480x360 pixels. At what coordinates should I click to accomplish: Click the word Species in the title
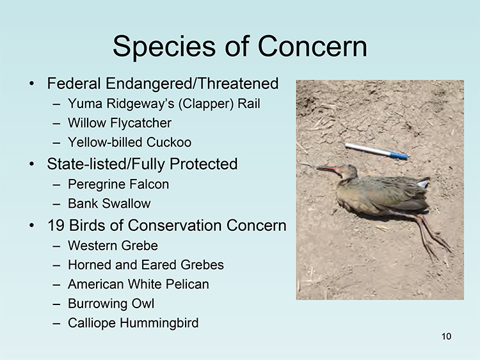(164, 47)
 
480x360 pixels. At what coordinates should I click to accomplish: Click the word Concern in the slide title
(312, 46)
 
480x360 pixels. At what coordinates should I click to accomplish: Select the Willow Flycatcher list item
(120, 123)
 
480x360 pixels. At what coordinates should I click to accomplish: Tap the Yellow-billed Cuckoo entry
(129, 142)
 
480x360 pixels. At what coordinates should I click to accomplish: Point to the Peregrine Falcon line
(118, 184)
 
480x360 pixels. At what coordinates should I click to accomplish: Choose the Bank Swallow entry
(109, 204)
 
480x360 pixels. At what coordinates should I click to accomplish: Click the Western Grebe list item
(113, 246)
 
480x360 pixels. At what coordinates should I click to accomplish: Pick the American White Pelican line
(138, 284)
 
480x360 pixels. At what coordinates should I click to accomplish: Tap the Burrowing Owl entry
(111, 304)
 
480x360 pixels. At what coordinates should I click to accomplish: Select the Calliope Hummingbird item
(133, 323)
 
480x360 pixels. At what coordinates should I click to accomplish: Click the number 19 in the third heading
(56, 226)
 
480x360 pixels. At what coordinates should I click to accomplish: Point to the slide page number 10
(446, 336)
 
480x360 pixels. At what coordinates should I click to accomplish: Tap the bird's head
(348, 171)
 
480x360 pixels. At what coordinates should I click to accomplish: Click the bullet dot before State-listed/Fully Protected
(31, 164)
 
